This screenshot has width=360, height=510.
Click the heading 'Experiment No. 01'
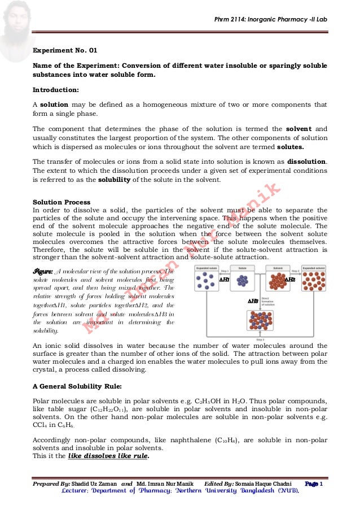click(x=65, y=50)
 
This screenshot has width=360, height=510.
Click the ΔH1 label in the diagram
click(x=224, y=279)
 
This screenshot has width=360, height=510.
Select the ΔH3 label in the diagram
click(x=253, y=301)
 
